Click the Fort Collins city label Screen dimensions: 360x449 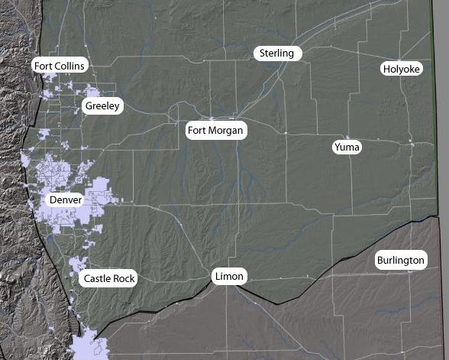tap(60, 66)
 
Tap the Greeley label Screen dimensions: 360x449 tap(102, 105)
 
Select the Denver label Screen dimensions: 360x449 tap(66, 199)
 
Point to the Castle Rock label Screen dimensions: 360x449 tap(109, 278)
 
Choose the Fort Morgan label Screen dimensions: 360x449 tap(215, 131)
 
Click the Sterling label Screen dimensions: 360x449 tap(277, 53)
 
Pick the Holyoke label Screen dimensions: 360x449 tap(401, 69)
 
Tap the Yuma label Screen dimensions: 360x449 tap(347, 146)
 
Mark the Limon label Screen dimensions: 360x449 tap(230, 276)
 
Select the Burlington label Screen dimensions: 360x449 tap(400, 261)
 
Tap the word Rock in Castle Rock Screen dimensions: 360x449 tap(124, 278)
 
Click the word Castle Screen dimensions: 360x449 tap(98, 278)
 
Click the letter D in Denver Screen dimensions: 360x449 tap(53, 199)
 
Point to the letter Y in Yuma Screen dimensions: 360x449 tap(338, 146)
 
